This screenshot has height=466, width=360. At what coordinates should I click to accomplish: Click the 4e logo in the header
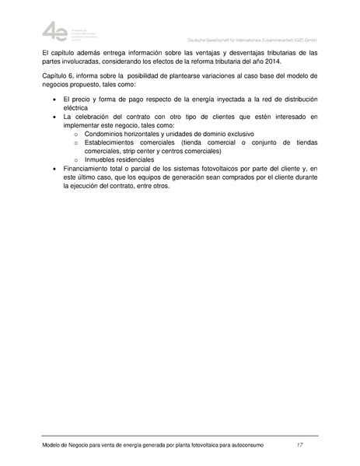tap(54, 32)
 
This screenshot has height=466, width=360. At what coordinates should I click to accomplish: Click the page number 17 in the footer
tap(299, 445)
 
